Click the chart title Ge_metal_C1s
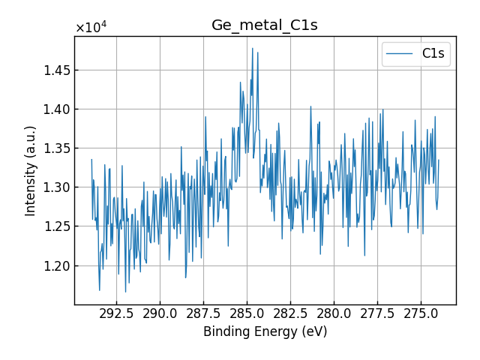click(x=264, y=25)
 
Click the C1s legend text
click(x=433, y=54)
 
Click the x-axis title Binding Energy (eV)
click(x=265, y=331)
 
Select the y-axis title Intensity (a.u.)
click(x=31, y=171)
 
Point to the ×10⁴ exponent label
click(x=91, y=28)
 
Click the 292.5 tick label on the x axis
click(x=116, y=313)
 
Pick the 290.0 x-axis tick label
click(x=160, y=313)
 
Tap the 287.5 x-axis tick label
click(x=203, y=313)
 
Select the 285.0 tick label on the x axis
click(x=247, y=313)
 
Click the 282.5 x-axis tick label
click(x=290, y=313)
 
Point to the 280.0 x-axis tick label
click(x=334, y=313)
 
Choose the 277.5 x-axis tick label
click(x=377, y=313)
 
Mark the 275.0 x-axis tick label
click(x=421, y=313)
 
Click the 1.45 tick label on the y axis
click(x=54, y=70)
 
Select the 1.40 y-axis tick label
click(x=54, y=109)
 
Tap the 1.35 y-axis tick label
click(x=54, y=148)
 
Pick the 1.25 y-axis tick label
click(x=54, y=226)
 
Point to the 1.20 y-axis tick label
click(x=54, y=265)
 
